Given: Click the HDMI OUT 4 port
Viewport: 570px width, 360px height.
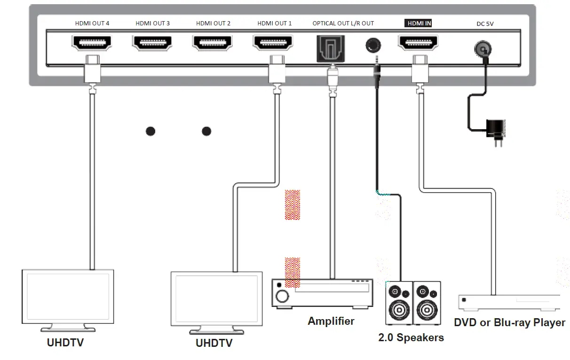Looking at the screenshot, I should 92,43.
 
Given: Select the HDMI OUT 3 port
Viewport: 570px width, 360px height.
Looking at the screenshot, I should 152,43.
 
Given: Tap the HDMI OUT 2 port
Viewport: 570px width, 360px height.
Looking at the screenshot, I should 213,43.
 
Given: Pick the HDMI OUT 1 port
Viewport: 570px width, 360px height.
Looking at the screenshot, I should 273,43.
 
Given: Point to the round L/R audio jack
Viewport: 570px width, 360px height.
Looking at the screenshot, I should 373,46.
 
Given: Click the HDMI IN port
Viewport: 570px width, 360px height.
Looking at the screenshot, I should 418,43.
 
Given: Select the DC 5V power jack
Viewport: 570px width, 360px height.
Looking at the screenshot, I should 481,47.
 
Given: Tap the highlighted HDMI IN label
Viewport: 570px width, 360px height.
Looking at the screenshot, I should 419,23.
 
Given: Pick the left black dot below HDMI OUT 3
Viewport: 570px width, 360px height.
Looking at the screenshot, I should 150,131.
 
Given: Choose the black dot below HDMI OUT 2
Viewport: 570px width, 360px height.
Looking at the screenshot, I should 206,131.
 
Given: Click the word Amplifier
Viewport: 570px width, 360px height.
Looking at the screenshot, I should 331,321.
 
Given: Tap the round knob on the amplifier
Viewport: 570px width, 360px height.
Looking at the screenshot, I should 283,296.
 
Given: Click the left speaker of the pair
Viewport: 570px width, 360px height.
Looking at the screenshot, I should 399,303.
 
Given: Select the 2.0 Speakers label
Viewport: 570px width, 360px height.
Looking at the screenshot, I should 411,337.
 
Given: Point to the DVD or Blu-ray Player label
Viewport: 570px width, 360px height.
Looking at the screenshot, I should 509,323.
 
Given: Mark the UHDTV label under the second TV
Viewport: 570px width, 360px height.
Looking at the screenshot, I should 214,344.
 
